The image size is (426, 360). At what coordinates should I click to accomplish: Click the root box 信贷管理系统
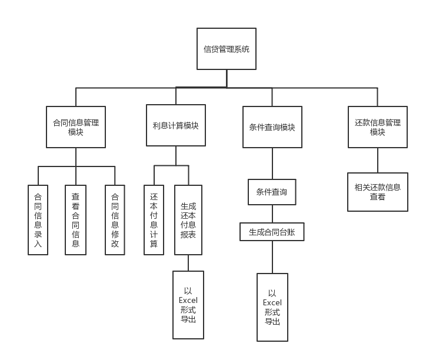tap(227, 49)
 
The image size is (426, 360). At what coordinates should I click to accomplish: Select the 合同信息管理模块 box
tap(76, 127)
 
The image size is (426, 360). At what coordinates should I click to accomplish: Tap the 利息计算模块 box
tap(175, 125)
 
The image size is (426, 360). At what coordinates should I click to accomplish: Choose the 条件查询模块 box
tap(272, 127)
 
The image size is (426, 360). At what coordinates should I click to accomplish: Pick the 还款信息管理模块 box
tap(377, 127)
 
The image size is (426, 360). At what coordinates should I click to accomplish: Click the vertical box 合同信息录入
tap(38, 220)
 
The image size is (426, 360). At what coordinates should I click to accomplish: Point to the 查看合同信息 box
tap(75, 220)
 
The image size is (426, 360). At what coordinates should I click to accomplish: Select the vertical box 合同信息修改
tap(115, 220)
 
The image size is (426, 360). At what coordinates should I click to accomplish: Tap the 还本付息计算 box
tap(154, 220)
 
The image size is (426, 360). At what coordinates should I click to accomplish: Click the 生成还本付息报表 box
tap(188, 220)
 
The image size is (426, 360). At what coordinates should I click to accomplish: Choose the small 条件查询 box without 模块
tap(272, 192)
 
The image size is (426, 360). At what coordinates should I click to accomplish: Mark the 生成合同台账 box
tap(272, 232)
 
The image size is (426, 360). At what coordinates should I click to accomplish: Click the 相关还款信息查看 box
tap(377, 192)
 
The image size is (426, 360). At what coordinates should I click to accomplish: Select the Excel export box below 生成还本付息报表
tap(188, 305)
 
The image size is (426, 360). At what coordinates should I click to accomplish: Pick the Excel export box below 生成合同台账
tap(272, 307)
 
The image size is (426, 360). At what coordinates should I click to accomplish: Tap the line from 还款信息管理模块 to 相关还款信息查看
tap(377, 160)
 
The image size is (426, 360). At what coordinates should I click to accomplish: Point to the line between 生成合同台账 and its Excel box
tap(272, 257)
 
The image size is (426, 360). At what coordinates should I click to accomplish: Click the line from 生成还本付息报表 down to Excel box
tap(188, 263)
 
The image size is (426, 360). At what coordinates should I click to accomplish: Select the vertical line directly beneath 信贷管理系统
tap(227, 78)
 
